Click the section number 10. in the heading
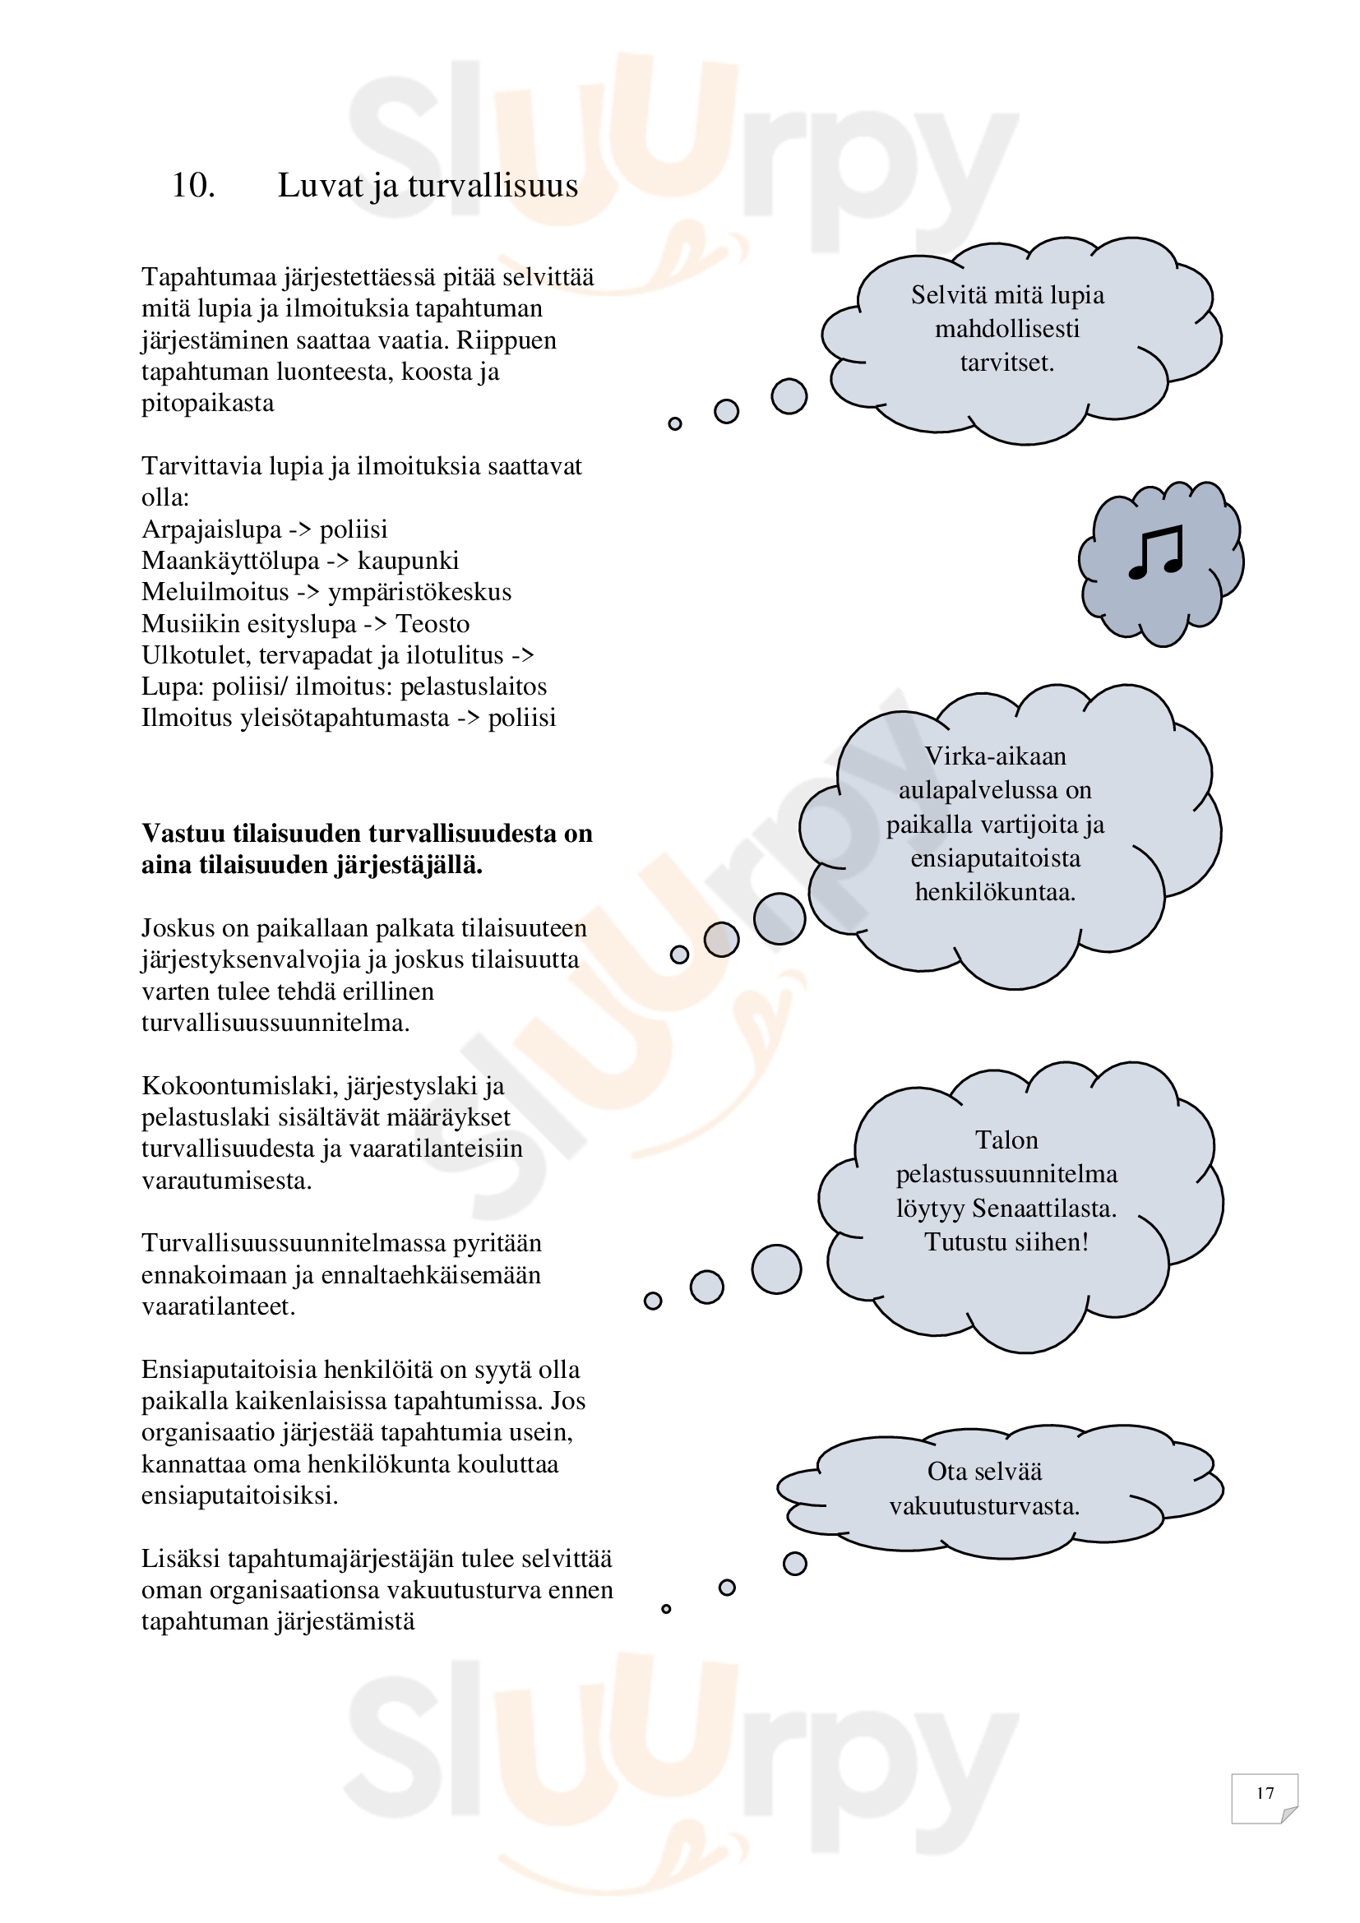pyautogui.click(x=192, y=186)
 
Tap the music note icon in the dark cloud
pyautogui.click(x=1157, y=553)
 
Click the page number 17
pyautogui.click(x=1265, y=1793)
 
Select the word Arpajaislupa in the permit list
pyautogui.click(x=211, y=529)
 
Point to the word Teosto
pyautogui.click(x=433, y=624)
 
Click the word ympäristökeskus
pyautogui.click(x=419, y=592)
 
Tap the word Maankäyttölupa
pyautogui.click(x=230, y=561)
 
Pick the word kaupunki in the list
pyautogui.click(x=408, y=561)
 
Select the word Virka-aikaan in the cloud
pyautogui.click(x=995, y=756)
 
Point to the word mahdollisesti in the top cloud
pyautogui.click(x=1006, y=329)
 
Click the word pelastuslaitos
pyautogui.click(x=473, y=686)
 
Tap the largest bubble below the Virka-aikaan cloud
pyautogui.click(x=779, y=919)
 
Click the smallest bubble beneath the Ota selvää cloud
pyautogui.click(x=666, y=1609)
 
